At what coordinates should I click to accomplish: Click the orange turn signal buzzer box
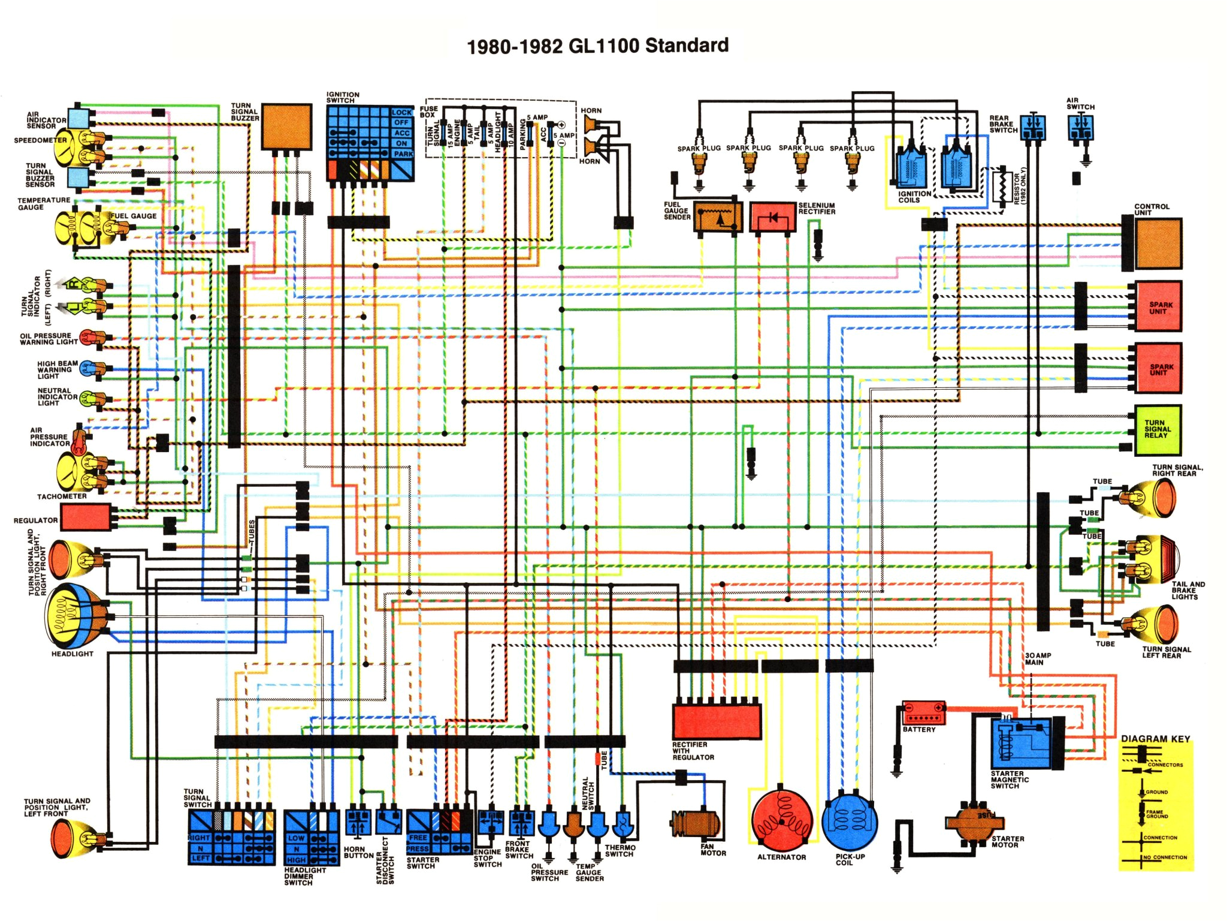pyautogui.click(x=286, y=127)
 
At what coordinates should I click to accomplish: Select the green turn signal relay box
pyautogui.click(x=1158, y=430)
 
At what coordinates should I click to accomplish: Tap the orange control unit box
pyautogui.click(x=1158, y=243)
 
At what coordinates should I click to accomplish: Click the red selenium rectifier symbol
pyautogui.click(x=773, y=218)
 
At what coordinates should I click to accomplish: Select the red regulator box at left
pyautogui.click(x=86, y=517)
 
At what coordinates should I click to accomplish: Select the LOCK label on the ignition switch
pyautogui.click(x=401, y=112)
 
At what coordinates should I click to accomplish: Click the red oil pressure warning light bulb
pyautogui.click(x=88, y=338)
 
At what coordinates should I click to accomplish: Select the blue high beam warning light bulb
pyautogui.click(x=88, y=369)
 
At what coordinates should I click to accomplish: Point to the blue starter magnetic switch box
pyautogui.click(x=1022, y=744)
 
